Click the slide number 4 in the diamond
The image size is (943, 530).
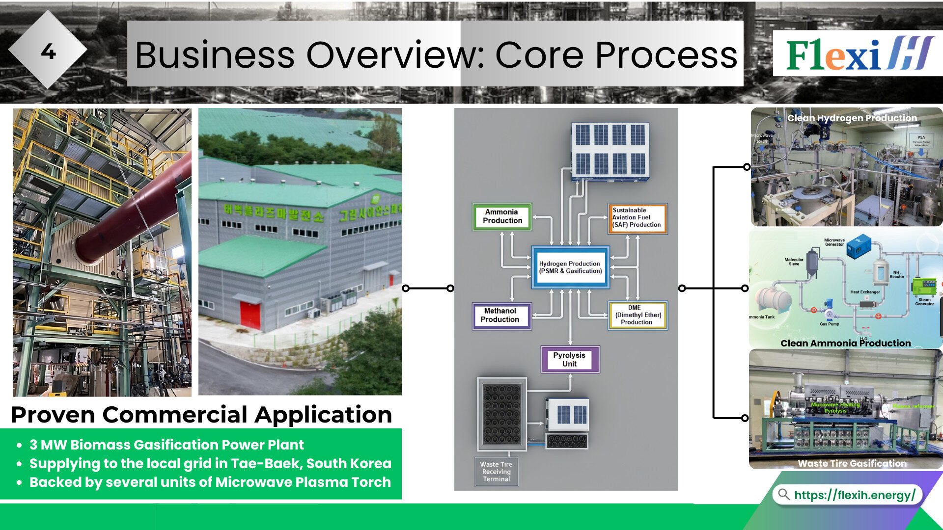pyautogui.click(x=48, y=52)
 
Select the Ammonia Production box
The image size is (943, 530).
pyautogui.click(x=502, y=216)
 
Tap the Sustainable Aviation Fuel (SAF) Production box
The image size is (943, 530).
pyautogui.click(x=637, y=218)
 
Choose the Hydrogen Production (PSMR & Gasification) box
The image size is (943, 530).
pyautogui.click(x=570, y=267)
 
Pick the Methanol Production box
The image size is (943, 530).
pyautogui.click(x=500, y=315)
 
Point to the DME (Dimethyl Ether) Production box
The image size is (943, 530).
pyautogui.click(x=638, y=315)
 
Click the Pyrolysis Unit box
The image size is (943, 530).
pyautogui.click(x=569, y=359)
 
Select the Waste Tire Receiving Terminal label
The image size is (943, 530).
pyautogui.click(x=496, y=472)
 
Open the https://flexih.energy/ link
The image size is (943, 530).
pyautogui.click(x=854, y=495)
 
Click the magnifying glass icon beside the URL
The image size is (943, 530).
pyautogui.click(x=784, y=494)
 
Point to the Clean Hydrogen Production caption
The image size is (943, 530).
pyautogui.click(x=852, y=118)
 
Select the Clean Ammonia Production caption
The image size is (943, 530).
pyautogui.click(x=845, y=343)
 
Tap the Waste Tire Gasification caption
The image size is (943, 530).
pyautogui.click(x=852, y=463)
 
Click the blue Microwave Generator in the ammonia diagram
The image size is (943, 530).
pyautogui.click(x=858, y=246)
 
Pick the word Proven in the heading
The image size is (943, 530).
pyautogui.click(x=53, y=415)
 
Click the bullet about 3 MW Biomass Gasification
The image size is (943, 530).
pyautogui.click(x=166, y=445)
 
